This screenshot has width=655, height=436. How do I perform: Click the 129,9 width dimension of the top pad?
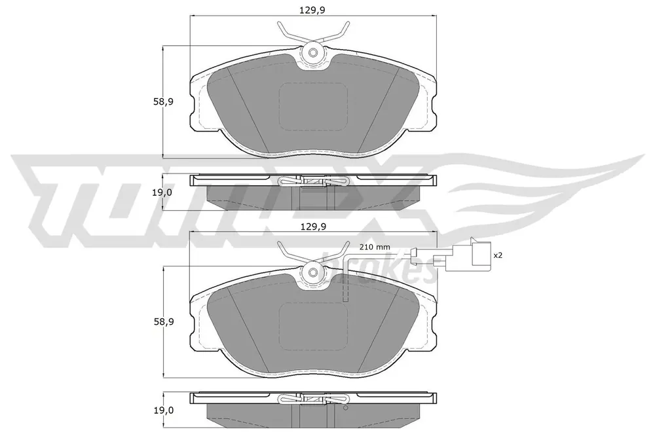pos(312,10)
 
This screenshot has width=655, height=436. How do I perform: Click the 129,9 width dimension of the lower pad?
pos(313,227)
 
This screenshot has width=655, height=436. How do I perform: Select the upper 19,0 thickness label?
pos(162,192)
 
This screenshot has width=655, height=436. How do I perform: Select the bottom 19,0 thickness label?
pos(163,410)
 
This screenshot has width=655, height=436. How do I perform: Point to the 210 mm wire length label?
pos(375,247)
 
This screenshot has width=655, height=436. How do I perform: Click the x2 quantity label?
pos(498,255)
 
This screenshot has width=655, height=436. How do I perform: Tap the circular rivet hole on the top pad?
pos(313,53)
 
